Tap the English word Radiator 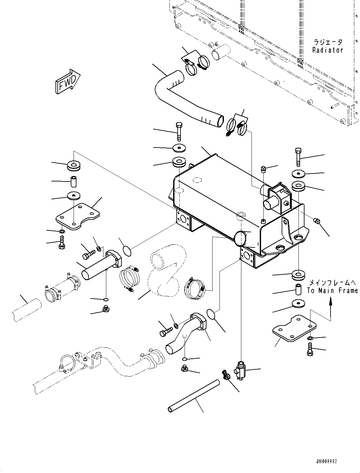pos(328,50)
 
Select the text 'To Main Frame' pos(332,290)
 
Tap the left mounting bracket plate pos(77,216)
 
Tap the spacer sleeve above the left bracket pos(73,182)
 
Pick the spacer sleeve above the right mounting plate pos(298,290)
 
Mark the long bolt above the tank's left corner pos(179,131)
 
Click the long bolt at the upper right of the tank pos(298,157)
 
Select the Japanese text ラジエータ pos(328,42)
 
